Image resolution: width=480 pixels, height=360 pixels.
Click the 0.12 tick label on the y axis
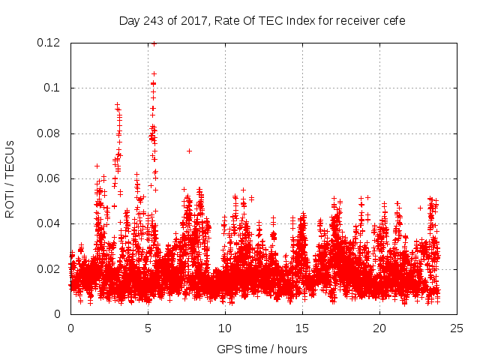click(49, 43)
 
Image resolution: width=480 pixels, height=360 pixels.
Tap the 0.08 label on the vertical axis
click(49, 133)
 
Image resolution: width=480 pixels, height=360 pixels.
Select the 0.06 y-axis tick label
click(49, 178)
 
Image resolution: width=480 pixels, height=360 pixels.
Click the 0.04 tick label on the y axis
click(49, 223)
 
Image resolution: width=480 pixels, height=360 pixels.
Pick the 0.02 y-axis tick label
click(49, 268)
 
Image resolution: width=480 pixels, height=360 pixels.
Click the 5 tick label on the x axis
click(148, 328)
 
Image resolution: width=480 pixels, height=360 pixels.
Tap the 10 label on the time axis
click(225, 328)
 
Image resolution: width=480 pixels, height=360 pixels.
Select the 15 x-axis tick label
click(302, 328)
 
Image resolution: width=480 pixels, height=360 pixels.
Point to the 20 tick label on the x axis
click(379, 328)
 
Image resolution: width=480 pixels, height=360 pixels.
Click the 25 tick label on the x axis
click(457, 328)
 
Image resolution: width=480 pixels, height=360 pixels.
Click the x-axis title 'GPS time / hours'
click(262, 349)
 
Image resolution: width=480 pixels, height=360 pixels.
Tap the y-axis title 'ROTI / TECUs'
click(10, 178)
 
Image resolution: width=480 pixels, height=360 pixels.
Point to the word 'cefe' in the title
click(393, 20)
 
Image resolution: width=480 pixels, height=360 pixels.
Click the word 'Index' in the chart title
click(301, 20)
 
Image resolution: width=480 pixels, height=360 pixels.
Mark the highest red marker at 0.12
click(154, 43)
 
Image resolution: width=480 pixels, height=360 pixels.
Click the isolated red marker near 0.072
click(189, 151)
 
